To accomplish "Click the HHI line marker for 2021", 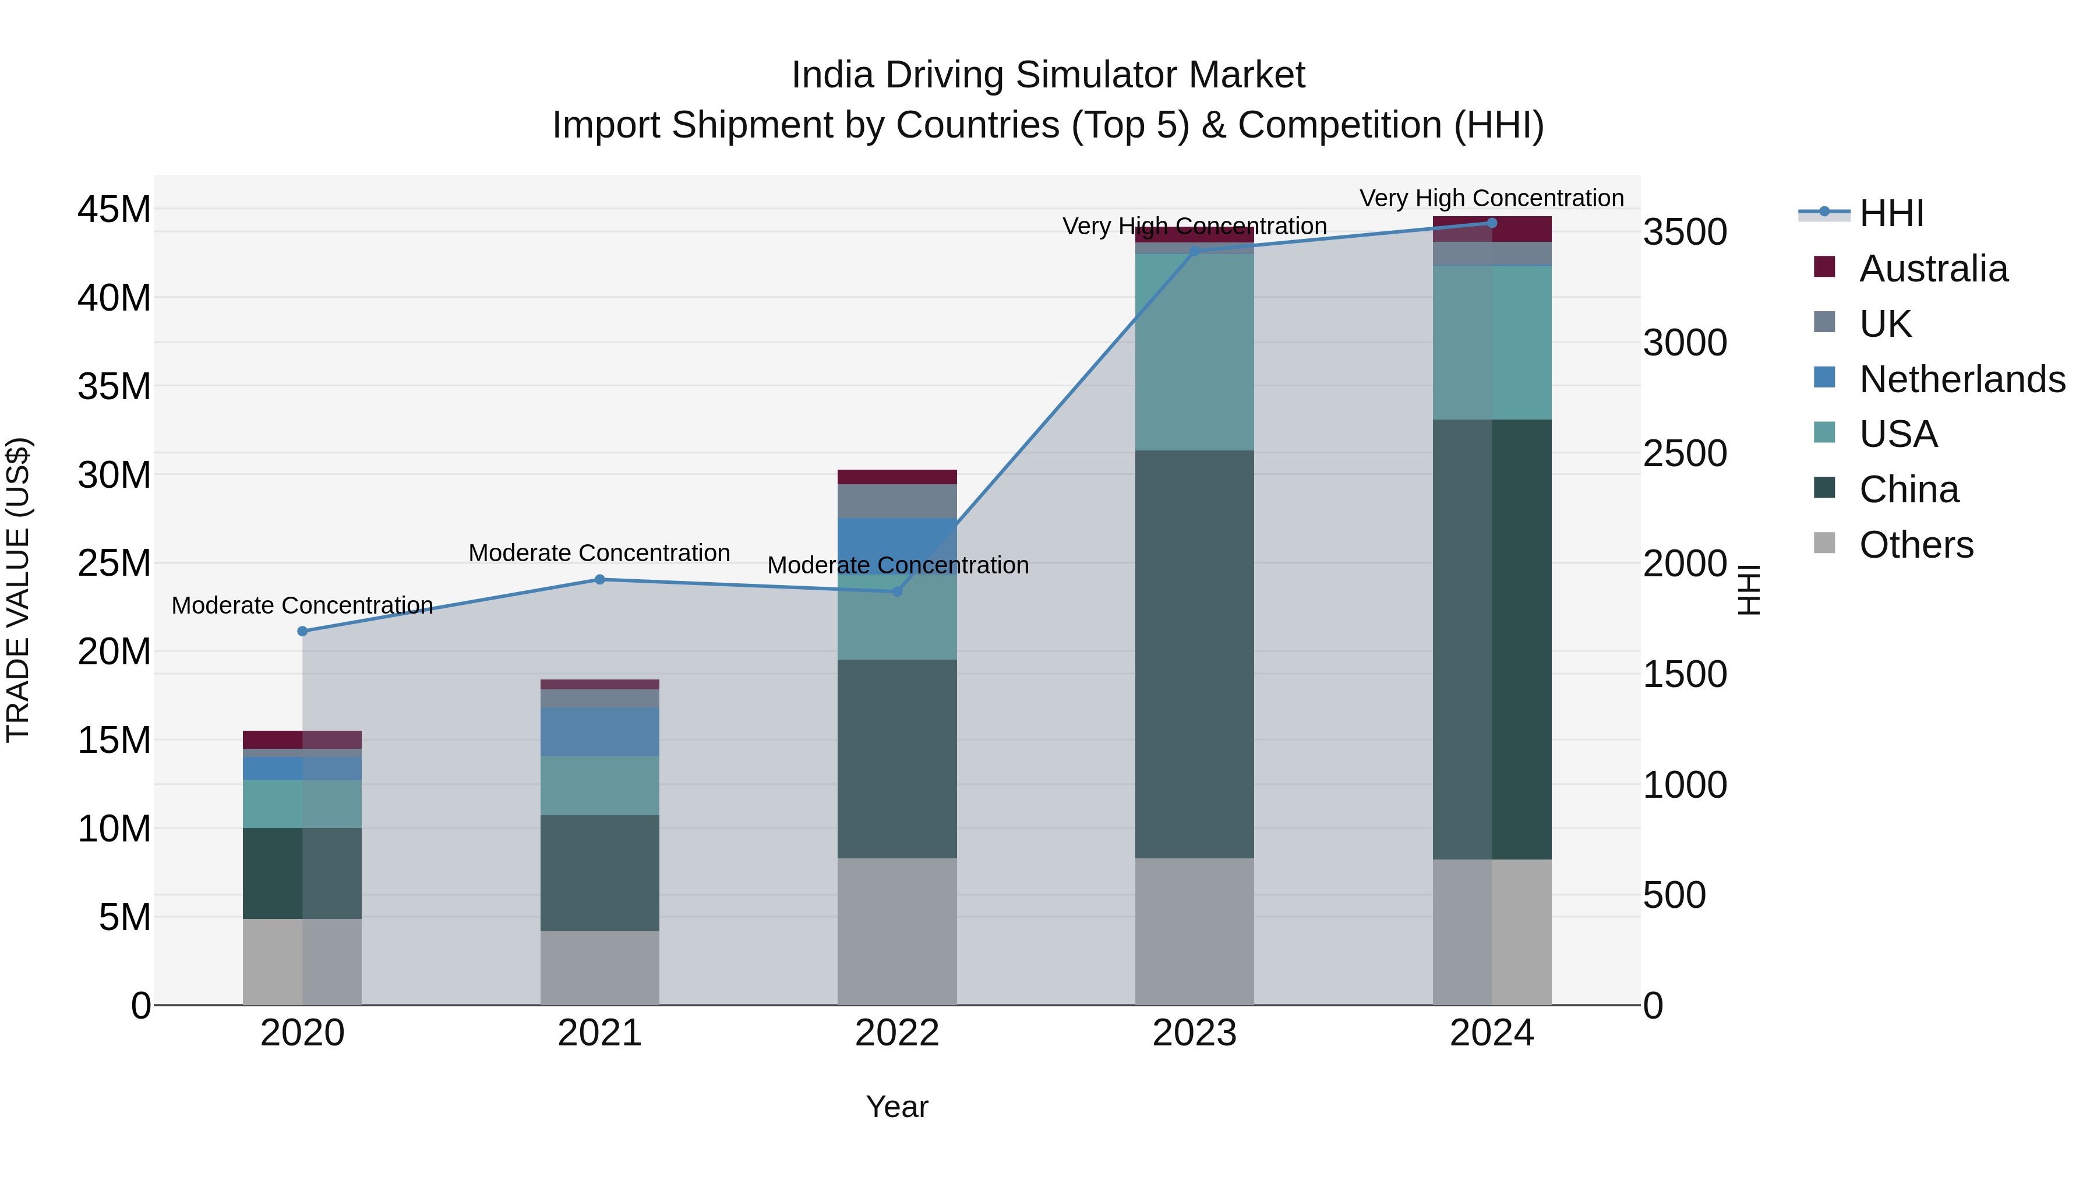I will click(599, 580).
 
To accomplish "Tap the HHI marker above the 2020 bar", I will click(302, 631).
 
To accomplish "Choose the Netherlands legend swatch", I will click(1824, 378).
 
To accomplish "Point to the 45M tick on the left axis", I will click(114, 210).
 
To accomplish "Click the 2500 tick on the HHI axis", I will click(1684, 453).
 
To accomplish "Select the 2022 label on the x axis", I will click(896, 1033).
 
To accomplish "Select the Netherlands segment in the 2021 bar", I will click(599, 731).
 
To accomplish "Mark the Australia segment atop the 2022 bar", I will click(896, 477).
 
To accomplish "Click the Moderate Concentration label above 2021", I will click(599, 553).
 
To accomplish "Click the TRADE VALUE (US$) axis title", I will click(18, 590).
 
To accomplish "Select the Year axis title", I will click(896, 1107).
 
